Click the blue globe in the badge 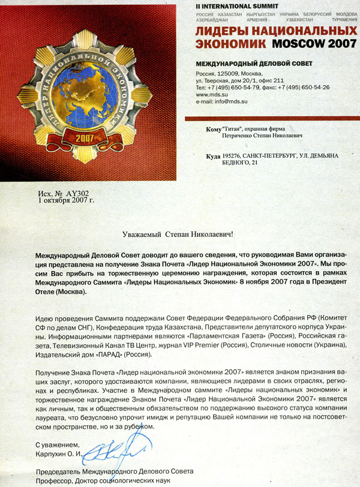[x=89, y=90]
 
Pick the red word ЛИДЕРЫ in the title [x=225, y=30]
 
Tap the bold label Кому [x=214, y=128]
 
